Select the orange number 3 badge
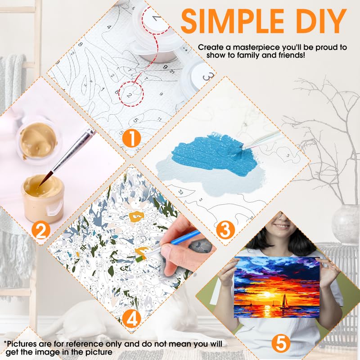pyautogui.click(x=226, y=230)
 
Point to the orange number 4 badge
pyautogui.click(x=131, y=319)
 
